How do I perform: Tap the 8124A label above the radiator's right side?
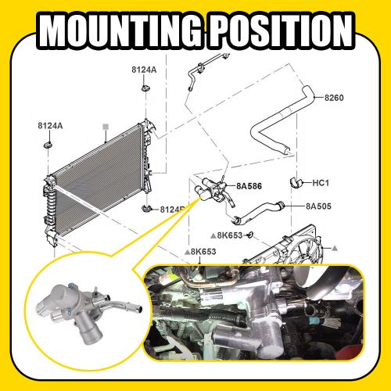pos(144,70)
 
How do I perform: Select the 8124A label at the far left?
pos(50,126)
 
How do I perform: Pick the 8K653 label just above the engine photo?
pos(203,251)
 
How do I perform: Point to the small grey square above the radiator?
pos(104,125)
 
